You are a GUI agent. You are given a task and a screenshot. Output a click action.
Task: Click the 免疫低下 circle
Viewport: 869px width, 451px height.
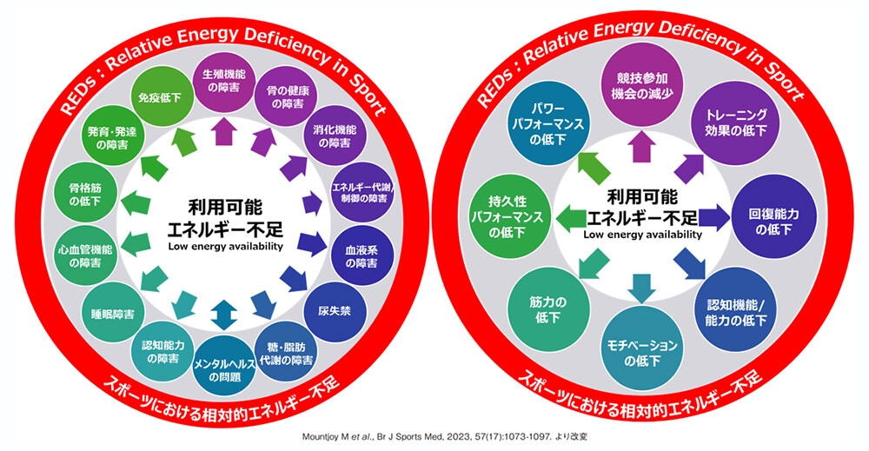[159, 97]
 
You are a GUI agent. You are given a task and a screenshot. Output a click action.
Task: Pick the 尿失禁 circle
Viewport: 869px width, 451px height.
[335, 312]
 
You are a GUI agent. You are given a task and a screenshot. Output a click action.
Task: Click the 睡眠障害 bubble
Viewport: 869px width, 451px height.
[112, 315]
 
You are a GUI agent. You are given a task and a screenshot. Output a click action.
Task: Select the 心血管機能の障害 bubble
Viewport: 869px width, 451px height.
[86, 255]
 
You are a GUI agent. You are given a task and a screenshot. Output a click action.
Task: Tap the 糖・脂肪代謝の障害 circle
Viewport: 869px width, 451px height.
[287, 353]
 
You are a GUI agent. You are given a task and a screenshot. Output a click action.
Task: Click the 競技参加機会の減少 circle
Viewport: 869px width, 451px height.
[642, 86]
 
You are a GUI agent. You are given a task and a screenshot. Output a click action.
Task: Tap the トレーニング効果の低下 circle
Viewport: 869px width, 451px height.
[735, 123]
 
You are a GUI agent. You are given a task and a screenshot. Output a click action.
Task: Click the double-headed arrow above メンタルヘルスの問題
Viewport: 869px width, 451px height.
[224, 315]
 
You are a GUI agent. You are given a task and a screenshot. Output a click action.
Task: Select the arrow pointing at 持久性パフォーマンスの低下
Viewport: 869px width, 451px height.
[570, 217]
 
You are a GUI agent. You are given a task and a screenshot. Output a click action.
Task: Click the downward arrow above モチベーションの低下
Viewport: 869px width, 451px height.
[642, 289]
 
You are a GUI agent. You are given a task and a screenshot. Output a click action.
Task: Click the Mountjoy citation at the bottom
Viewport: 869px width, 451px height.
[445, 436]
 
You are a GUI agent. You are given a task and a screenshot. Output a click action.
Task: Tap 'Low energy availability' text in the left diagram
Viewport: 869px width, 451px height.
[226, 247]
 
